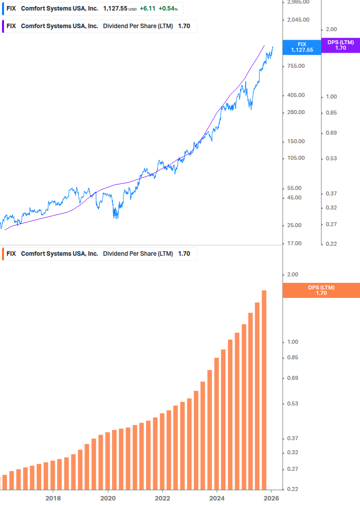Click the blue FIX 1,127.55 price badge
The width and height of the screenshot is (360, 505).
(x=302, y=47)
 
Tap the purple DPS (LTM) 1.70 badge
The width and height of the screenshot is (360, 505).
(x=340, y=45)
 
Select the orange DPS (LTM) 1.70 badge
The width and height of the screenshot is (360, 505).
(x=321, y=290)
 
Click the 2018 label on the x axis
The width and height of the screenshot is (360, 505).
(x=53, y=498)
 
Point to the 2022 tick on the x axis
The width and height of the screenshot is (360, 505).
(x=162, y=498)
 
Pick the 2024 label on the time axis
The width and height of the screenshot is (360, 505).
(x=217, y=498)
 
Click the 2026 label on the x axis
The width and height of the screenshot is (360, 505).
(x=271, y=498)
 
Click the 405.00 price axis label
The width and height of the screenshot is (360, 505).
(x=296, y=95)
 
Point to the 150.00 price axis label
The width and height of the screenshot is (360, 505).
(x=296, y=142)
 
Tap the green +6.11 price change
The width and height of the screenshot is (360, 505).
(x=147, y=9)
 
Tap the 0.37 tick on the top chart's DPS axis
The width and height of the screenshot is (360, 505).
(x=331, y=193)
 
